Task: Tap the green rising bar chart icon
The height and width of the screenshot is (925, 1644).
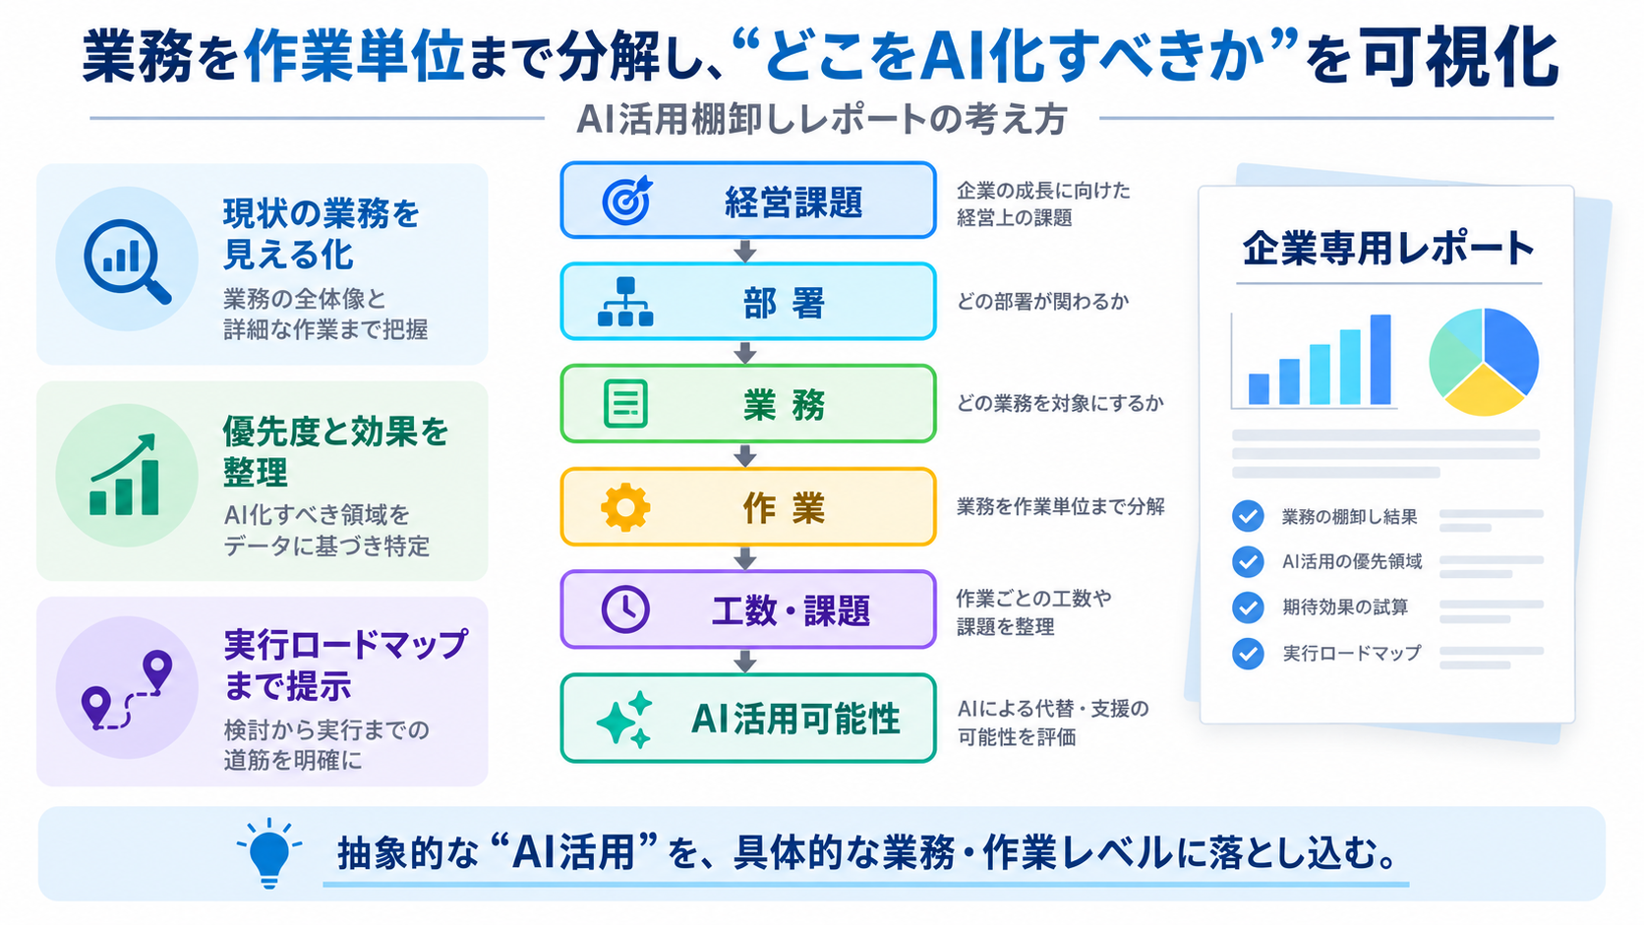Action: tap(124, 475)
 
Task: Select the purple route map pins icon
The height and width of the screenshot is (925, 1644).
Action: tap(127, 689)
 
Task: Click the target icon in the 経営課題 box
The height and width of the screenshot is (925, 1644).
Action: tap(626, 200)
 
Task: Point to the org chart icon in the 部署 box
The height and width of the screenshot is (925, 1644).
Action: tap(625, 302)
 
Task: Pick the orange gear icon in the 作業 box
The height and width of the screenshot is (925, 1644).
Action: tap(625, 507)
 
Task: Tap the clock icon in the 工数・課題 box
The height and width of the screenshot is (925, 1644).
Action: tap(625, 609)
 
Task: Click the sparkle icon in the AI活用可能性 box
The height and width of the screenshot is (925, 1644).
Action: tap(624, 720)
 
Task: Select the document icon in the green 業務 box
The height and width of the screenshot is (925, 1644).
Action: tap(625, 403)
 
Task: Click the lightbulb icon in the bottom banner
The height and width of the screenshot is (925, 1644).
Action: tap(269, 853)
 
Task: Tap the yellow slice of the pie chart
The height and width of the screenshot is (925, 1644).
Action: tap(1484, 391)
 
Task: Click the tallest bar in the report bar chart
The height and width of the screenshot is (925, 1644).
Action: tap(1380, 360)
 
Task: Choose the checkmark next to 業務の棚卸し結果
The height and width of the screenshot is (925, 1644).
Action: tap(1248, 516)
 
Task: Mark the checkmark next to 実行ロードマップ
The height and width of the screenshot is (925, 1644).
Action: tap(1248, 653)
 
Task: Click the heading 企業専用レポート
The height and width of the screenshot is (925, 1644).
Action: tap(1388, 249)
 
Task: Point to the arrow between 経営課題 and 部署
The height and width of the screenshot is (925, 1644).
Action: tap(745, 251)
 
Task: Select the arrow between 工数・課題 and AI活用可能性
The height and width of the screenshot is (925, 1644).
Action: tap(745, 662)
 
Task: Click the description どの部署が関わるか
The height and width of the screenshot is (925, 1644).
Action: tap(1043, 302)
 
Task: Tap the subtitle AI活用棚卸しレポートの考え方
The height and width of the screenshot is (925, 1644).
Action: tap(821, 120)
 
